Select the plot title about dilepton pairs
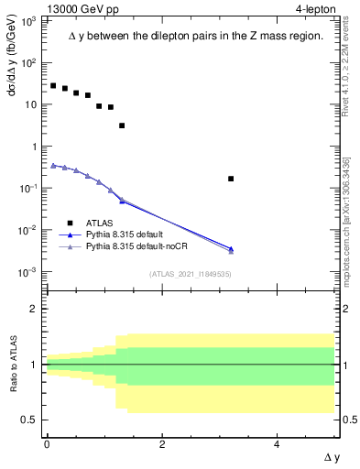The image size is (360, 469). point(196,36)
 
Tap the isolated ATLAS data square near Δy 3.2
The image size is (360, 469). point(231,179)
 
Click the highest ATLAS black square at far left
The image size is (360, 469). point(53,85)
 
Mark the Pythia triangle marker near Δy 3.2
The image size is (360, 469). point(231,249)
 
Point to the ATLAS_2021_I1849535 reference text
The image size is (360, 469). point(190,274)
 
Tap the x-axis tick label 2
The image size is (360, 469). point(162,443)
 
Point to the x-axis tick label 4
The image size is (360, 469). point(278,443)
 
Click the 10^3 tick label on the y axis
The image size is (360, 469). point(28,21)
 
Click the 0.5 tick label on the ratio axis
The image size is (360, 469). point(29,420)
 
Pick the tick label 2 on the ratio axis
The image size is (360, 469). point(34,309)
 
